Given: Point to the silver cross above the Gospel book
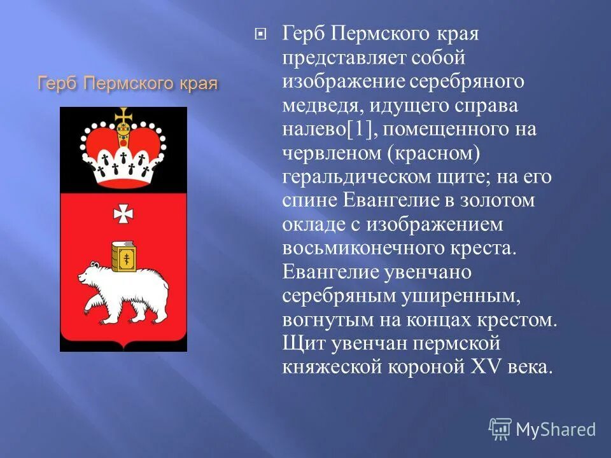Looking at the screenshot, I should point(123,214).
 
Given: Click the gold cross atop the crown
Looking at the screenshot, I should point(123,117).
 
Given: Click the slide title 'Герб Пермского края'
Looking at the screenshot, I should point(128,83).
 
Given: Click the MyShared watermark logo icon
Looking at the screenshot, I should point(500,428).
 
